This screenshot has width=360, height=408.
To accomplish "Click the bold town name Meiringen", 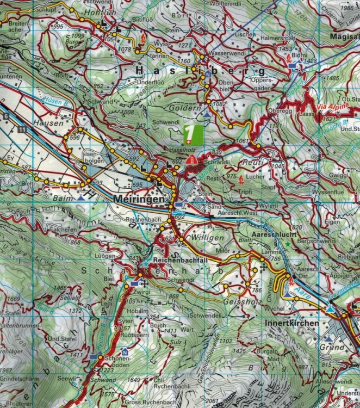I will tap(139, 201).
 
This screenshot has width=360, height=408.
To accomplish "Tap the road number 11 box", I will tap(21, 129).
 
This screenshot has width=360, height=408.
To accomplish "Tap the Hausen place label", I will tap(44, 123).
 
